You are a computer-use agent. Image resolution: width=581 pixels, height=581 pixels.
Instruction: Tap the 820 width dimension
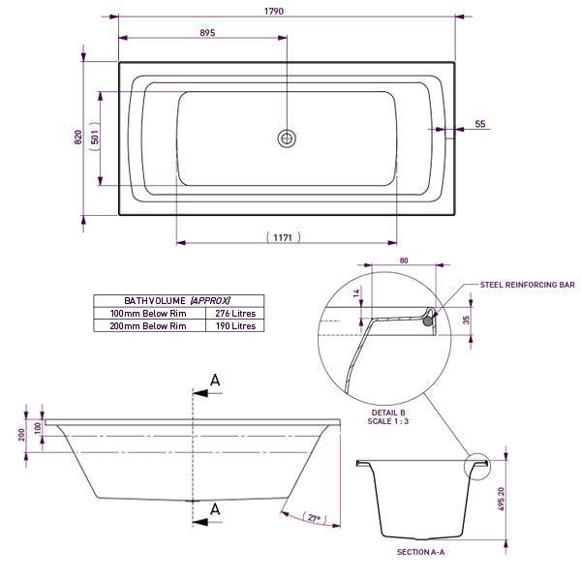(78, 138)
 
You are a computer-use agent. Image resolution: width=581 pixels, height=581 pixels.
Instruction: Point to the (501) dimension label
(94, 138)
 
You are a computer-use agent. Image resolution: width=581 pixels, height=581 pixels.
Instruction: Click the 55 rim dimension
(480, 125)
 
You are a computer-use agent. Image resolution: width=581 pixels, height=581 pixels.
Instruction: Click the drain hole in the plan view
(287, 138)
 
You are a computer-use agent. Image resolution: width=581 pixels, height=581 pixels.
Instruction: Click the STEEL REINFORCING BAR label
(529, 286)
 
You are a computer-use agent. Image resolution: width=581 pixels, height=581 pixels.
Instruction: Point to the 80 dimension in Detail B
(404, 260)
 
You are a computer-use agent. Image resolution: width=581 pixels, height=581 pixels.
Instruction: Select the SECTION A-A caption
(420, 551)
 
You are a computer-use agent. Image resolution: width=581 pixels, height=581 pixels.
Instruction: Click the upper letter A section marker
(215, 381)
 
